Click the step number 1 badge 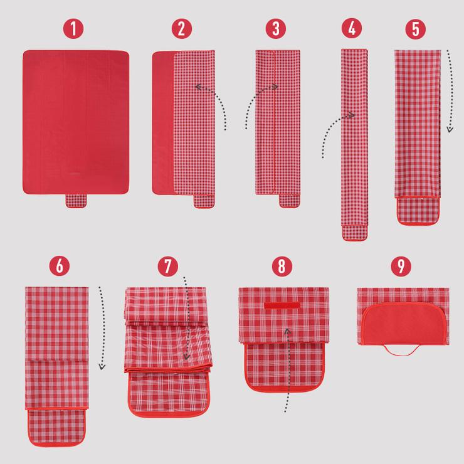click(x=73, y=29)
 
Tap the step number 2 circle click(x=182, y=29)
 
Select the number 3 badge click(x=276, y=29)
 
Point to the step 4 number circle click(x=352, y=28)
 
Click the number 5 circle click(x=416, y=29)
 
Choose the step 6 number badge click(x=60, y=266)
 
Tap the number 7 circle click(x=168, y=266)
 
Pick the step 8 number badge click(x=282, y=266)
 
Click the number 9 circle click(x=401, y=266)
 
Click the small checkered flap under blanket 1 click(x=76, y=201)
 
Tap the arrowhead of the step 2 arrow click(x=198, y=87)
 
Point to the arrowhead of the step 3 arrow click(x=275, y=87)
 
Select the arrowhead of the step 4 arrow click(x=352, y=115)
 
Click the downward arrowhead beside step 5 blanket click(x=450, y=129)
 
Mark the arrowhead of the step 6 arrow click(x=102, y=367)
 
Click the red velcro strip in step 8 click(x=282, y=306)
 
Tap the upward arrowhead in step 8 click(x=288, y=331)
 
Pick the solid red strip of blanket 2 click(x=163, y=122)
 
